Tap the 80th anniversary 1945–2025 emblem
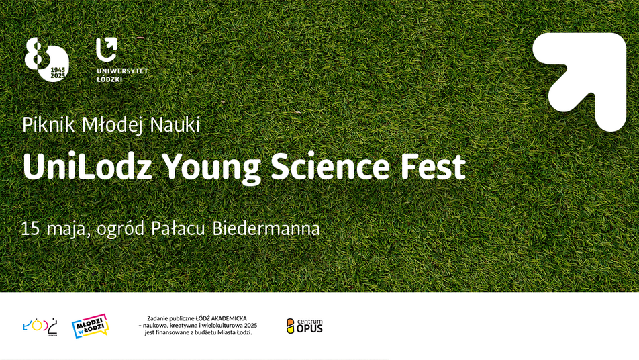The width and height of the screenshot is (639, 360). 46,60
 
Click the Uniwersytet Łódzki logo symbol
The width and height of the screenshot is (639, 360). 105,50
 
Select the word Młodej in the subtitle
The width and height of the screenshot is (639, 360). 112,125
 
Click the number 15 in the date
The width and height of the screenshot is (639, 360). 30,228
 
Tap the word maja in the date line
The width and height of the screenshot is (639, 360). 67,229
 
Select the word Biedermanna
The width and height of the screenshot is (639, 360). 266,228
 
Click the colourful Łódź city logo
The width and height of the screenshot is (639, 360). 41,326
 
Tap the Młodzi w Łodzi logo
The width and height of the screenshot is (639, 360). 90,326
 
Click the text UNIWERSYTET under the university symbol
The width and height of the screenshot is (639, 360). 122,71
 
